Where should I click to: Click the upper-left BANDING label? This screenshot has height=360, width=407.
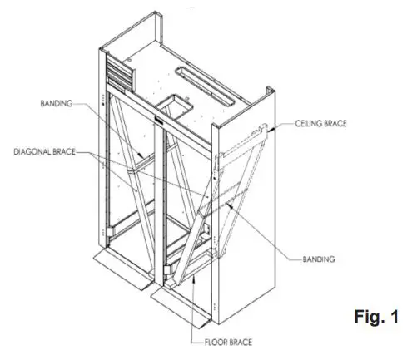(57, 104)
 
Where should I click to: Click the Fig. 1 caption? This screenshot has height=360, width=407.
(375, 317)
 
